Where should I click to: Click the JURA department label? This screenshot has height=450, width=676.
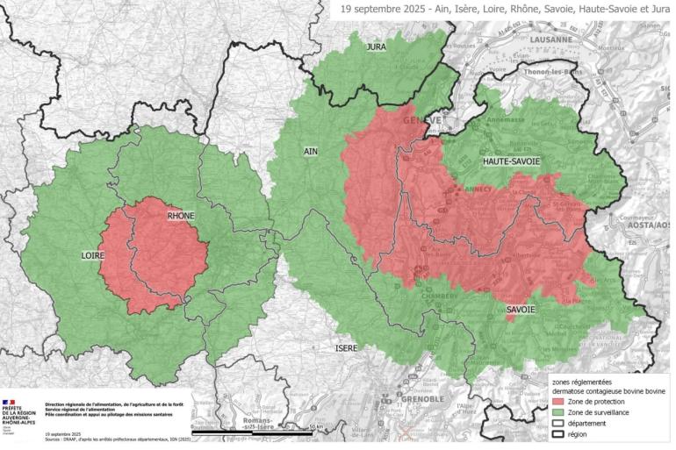pyautogui.click(x=377, y=46)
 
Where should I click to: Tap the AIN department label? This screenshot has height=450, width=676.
pyautogui.click(x=310, y=152)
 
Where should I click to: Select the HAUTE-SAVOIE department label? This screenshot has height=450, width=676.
pyautogui.click(x=512, y=162)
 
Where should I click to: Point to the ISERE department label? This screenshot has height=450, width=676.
pyautogui.click(x=346, y=348)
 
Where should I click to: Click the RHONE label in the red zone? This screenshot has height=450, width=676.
pyautogui.click(x=180, y=216)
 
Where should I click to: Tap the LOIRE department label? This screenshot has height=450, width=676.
pyautogui.click(x=93, y=255)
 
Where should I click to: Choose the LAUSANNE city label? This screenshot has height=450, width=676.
pyautogui.click(x=550, y=39)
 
